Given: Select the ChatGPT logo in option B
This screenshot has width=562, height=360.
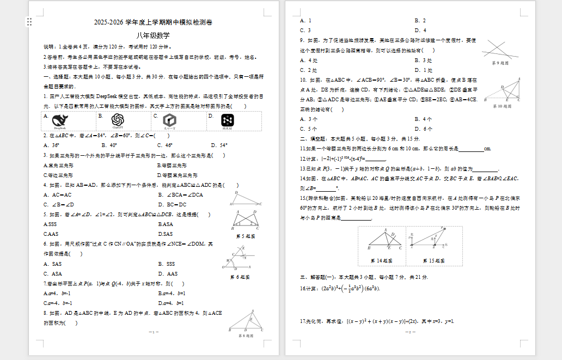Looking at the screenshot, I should click(x=117, y=120).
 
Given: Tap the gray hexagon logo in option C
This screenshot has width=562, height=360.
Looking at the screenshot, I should click(x=170, y=120).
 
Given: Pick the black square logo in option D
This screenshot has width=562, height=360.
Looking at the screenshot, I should click(x=227, y=120).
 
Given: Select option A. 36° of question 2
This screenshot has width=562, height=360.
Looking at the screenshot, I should click(x=52, y=145).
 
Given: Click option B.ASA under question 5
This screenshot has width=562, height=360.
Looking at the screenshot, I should click(x=166, y=224).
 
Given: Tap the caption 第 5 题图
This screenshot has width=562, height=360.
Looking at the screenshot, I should click(x=246, y=236).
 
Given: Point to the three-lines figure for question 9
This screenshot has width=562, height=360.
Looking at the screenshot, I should click(x=499, y=50).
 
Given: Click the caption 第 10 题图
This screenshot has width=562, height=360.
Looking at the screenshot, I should click(x=500, y=107).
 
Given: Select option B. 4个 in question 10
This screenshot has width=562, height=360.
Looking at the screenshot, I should click(x=423, y=119).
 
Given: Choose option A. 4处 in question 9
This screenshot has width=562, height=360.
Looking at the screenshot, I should click(x=309, y=60).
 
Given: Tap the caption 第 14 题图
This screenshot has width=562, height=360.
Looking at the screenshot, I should click(x=381, y=261).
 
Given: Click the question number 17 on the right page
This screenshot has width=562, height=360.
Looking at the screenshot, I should click(x=303, y=321).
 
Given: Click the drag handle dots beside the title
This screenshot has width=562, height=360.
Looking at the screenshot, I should click(x=29, y=22).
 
